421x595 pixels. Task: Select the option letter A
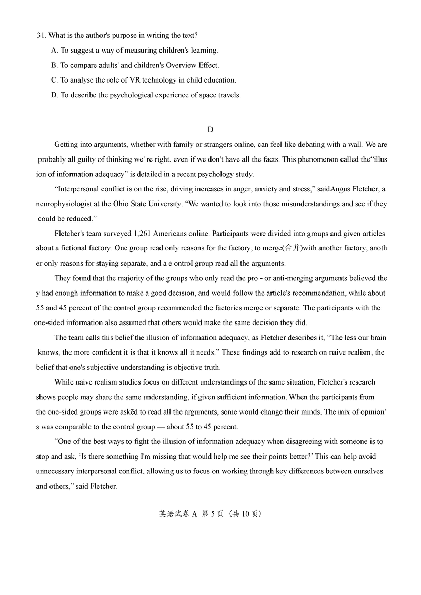54,51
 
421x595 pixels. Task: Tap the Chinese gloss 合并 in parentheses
292,248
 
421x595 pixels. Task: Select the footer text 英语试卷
173,514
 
